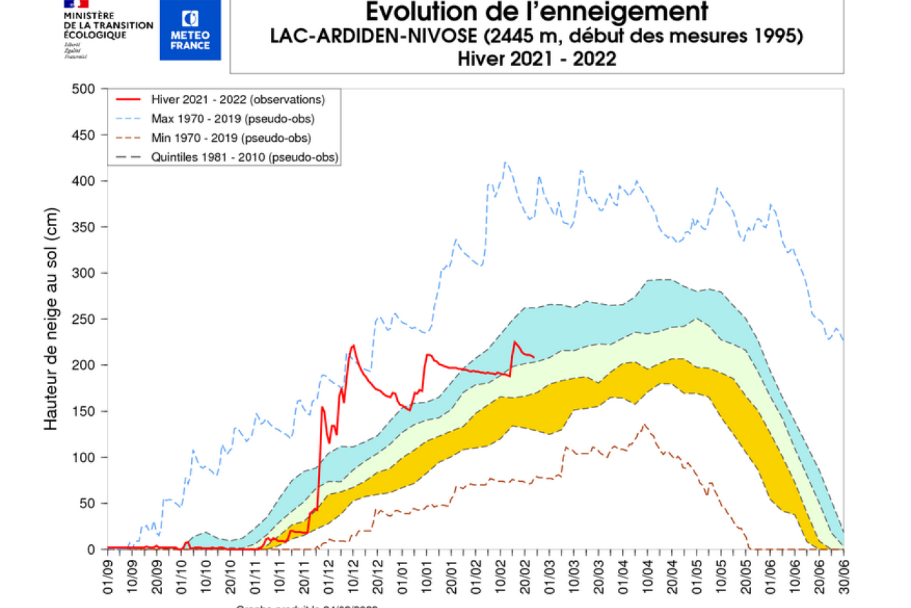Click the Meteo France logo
coord(190,30)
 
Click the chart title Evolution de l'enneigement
coord(537,12)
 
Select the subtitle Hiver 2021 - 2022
coord(537,59)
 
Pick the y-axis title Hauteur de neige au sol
coord(51,319)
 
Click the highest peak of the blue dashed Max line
coord(505,162)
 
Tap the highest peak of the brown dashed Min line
coord(644,424)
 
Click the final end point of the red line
coord(534,356)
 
